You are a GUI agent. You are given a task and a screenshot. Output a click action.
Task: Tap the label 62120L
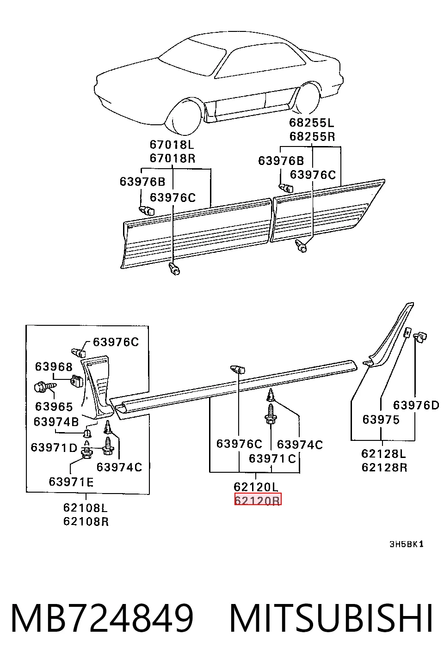pyautogui.click(x=256, y=487)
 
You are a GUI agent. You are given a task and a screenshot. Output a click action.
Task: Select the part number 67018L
pyautogui.click(x=172, y=145)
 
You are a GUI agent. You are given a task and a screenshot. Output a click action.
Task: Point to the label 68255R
pyautogui.click(x=312, y=137)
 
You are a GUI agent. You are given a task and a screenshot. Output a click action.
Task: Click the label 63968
pyautogui.click(x=54, y=366)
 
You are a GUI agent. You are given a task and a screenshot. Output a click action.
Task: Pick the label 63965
pyautogui.click(x=54, y=407)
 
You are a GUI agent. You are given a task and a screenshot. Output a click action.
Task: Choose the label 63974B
pyautogui.click(x=56, y=421)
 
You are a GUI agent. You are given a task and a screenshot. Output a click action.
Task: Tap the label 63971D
pyautogui.click(x=54, y=447)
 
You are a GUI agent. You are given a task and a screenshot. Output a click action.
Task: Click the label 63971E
pyautogui.click(x=71, y=482)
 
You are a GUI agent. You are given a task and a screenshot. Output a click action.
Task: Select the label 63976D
pyautogui.click(x=416, y=405)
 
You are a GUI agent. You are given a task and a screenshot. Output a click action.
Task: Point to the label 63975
pyautogui.click(x=381, y=420)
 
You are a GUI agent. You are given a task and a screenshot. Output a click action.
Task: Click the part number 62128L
pyautogui.click(x=383, y=453)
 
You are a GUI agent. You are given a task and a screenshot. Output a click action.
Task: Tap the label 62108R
pyautogui.click(x=86, y=522)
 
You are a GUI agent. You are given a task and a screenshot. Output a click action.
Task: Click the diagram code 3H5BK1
pyautogui.click(x=406, y=544)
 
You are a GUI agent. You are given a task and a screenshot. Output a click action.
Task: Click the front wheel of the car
pyautogui.click(x=184, y=116)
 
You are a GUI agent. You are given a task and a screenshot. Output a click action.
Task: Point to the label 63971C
pyautogui.click(x=272, y=458)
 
